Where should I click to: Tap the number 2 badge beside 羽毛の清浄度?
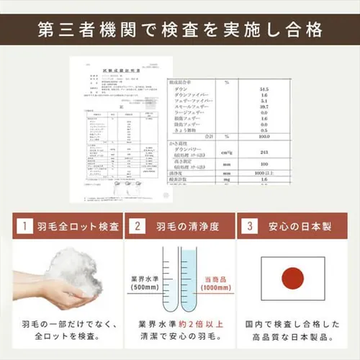tap(137, 227)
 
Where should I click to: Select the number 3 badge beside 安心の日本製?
tap(250, 227)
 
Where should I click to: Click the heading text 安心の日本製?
tap(299, 227)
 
